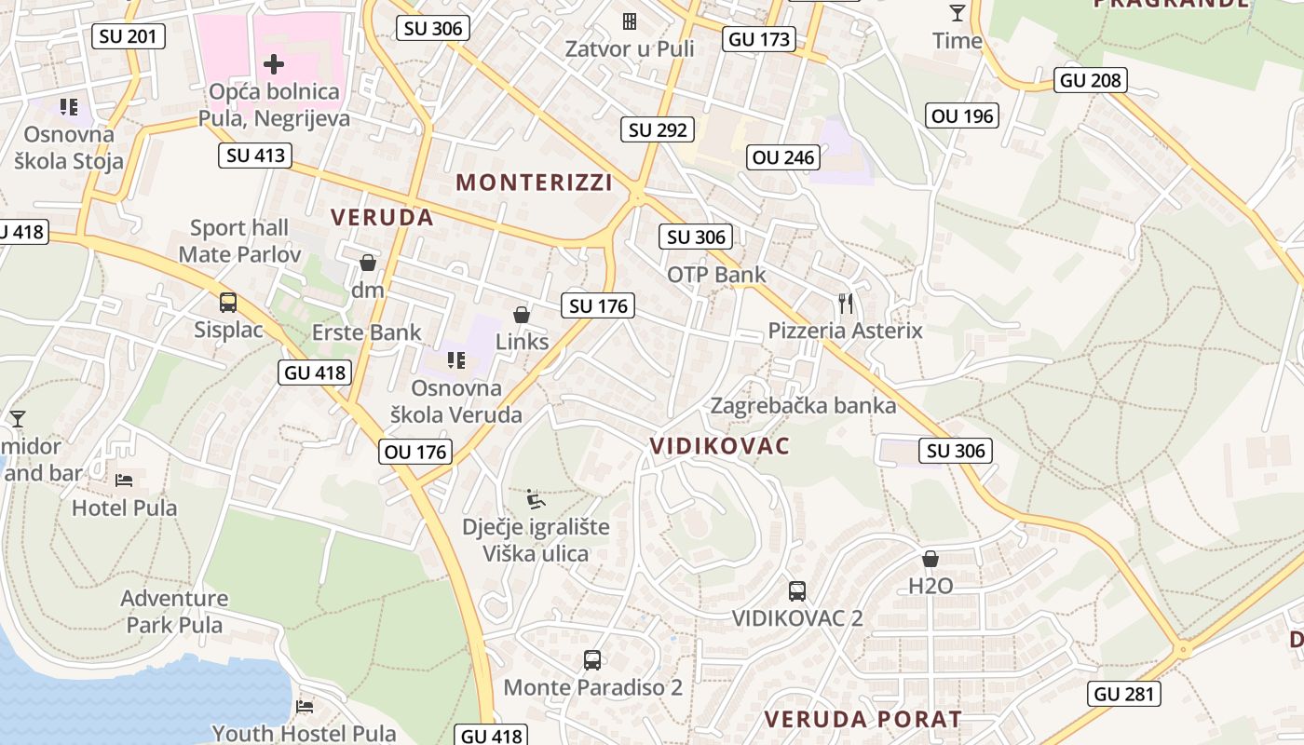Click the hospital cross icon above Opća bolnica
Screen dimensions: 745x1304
[274, 64]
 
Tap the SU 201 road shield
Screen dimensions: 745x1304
[129, 36]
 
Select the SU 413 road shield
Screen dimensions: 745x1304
[256, 156]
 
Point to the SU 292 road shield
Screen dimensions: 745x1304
[659, 129]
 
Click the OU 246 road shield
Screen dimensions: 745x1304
[783, 157]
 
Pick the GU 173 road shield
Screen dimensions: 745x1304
[759, 39]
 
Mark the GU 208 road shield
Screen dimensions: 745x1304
[1091, 80]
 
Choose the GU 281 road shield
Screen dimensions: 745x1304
[1124, 694]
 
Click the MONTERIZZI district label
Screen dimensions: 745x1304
[535, 183]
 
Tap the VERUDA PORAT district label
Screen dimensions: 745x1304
[863, 720]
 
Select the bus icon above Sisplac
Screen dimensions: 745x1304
[228, 302]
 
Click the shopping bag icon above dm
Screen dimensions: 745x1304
[368, 263]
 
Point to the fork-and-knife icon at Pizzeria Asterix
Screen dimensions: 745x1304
[846, 303]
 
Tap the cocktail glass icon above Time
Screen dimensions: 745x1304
[957, 13]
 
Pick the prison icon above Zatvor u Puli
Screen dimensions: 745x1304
[630, 20]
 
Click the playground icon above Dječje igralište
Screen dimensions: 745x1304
[536, 499]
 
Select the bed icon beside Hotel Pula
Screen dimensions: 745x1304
[124, 481]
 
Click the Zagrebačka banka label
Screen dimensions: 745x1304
[803, 406]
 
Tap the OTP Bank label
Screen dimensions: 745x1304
[716, 275]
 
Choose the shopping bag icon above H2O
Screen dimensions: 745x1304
[930, 559]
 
